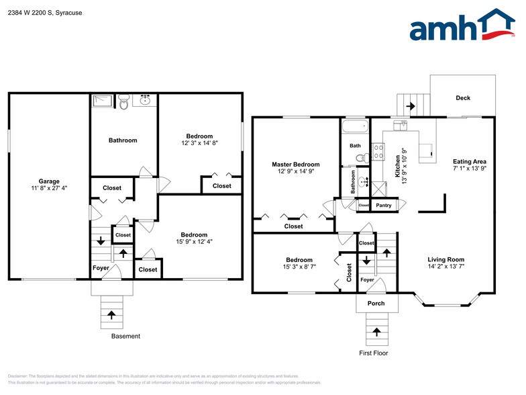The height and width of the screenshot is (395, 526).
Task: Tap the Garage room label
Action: (49, 181)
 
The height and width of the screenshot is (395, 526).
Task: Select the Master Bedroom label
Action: (295, 164)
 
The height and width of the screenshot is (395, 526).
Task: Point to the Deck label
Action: (463, 98)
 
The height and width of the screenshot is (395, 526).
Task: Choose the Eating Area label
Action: (470, 161)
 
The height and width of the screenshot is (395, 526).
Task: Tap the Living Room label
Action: (446, 259)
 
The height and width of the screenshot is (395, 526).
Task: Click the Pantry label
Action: (384, 206)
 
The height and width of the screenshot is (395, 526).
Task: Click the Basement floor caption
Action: (125, 336)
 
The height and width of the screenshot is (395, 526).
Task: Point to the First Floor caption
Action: (373, 353)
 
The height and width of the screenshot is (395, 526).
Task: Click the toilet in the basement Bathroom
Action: (123, 102)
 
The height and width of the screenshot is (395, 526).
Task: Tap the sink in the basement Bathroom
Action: (145, 101)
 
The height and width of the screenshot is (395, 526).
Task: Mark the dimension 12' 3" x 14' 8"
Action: (199, 143)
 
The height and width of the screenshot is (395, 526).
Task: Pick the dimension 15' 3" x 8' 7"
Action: (299, 267)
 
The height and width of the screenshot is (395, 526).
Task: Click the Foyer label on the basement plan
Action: (101, 269)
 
